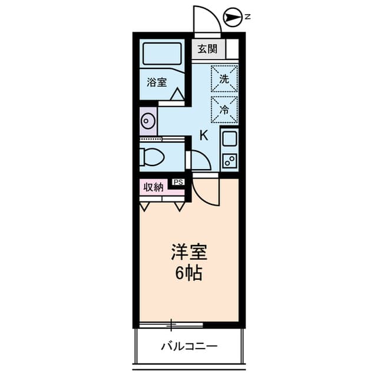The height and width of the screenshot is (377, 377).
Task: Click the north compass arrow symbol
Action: coord(234,18)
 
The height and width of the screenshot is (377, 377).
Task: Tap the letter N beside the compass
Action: coord(248,17)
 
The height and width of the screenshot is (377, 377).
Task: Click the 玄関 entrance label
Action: coord(207,48)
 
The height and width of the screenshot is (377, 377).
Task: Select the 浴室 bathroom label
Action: coord(157,83)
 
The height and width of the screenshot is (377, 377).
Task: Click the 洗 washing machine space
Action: coord(224,78)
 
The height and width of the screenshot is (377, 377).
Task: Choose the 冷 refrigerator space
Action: coord(224,108)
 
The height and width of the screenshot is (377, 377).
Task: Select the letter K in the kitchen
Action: coord(203,134)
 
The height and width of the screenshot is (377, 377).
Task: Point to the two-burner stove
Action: coord(229,159)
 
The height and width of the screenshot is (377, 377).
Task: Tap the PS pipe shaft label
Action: coord(178,182)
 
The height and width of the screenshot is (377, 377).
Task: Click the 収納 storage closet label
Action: coord(154,188)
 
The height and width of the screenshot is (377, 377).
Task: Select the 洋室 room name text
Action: coord(189,253)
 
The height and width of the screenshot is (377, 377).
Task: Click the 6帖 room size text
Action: coord(188,273)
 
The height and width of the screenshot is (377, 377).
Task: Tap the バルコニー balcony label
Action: coord(188,346)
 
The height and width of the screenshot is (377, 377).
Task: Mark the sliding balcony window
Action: coord(171,325)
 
